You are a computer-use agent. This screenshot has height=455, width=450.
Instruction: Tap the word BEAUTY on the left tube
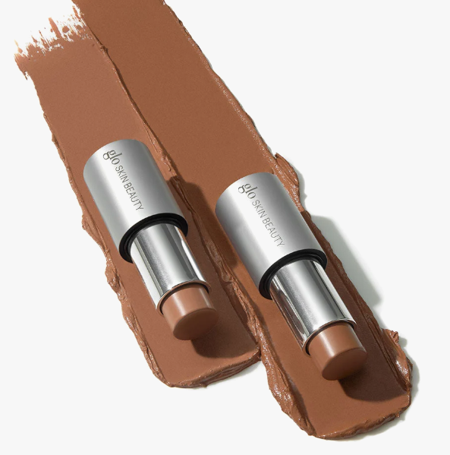click(x=134, y=196)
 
